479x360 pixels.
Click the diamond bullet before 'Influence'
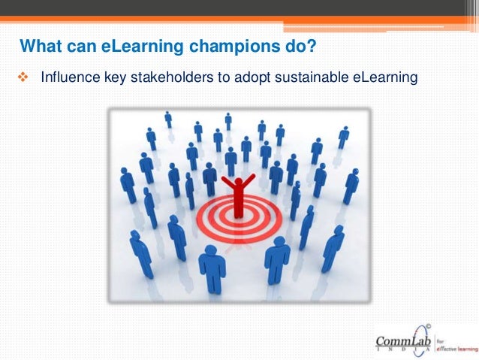click(x=22, y=77)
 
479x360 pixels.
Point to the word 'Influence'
click(x=67, y=77)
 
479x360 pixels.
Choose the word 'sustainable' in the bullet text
click(x=306, y=77)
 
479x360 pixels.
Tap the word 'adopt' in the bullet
click(x=250, y=77)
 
